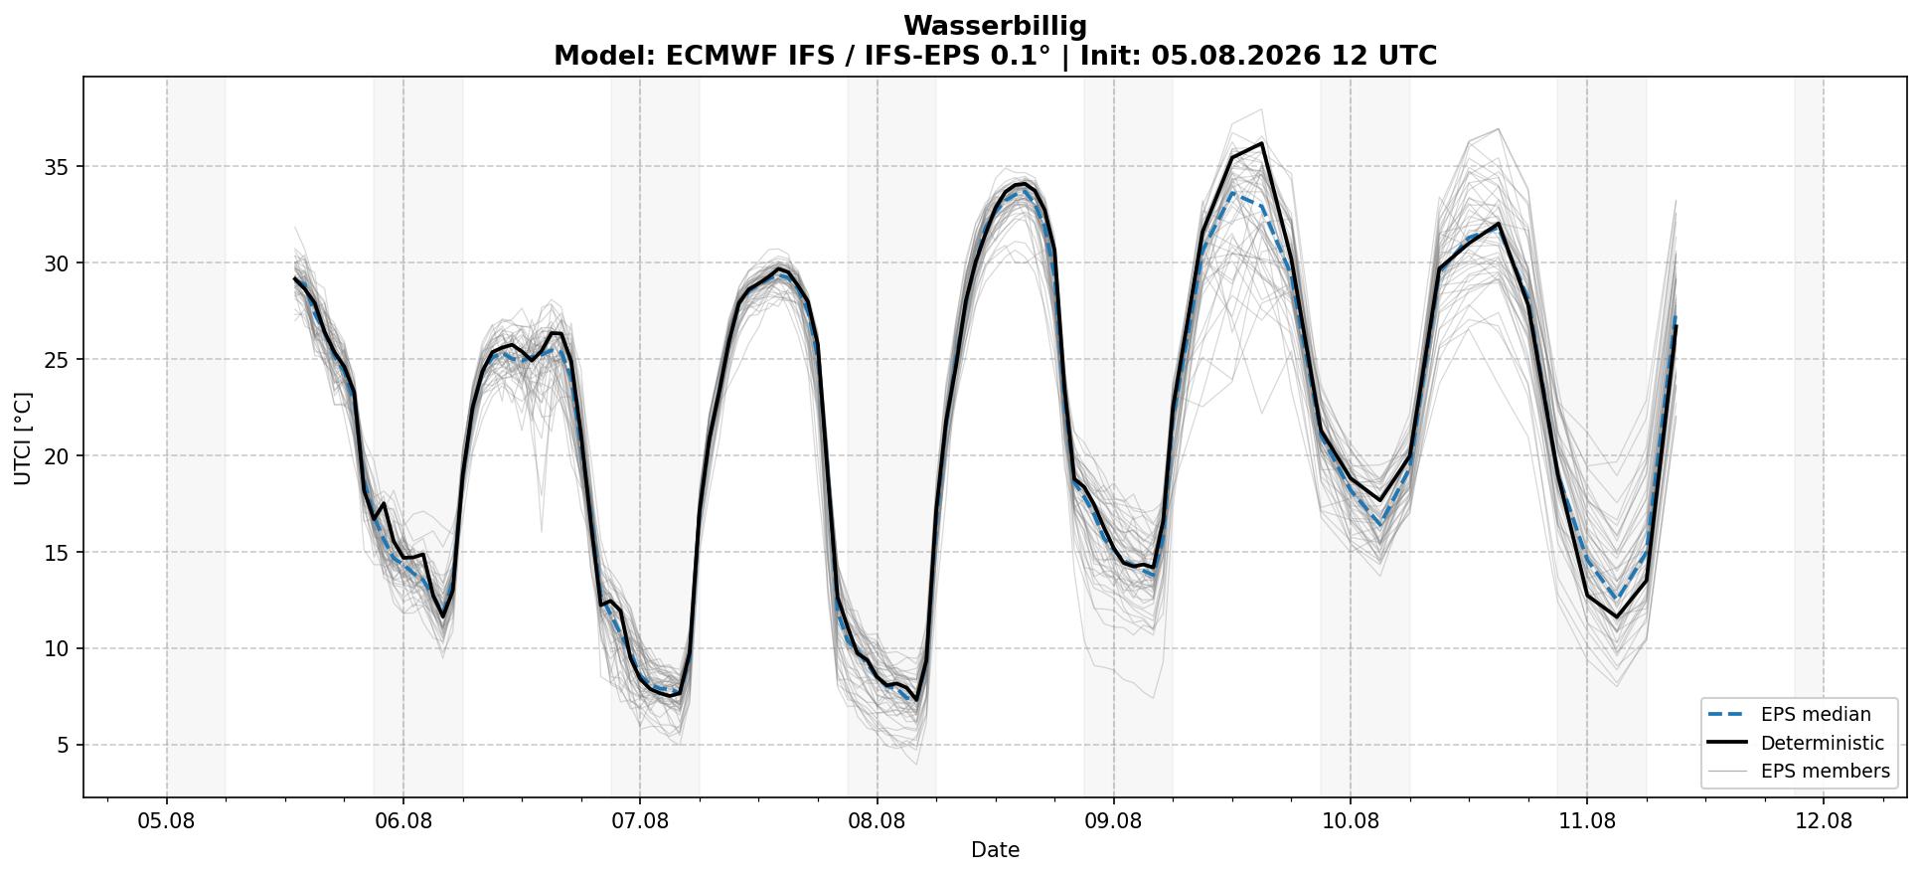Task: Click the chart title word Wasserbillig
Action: (x=995, y=26)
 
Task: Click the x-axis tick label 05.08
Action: (x=167, y=821)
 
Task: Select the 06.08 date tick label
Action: (x=403, y=821)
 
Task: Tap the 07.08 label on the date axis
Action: (x=640, y=821)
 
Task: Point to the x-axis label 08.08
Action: (x=877, y=821)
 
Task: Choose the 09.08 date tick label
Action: (x=1113, y=821)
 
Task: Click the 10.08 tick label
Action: (x=1350, y=821)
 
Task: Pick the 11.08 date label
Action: (x=1587, y=821)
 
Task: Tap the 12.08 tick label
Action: (x=1824, y=821)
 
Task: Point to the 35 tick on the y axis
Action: (x=57, y=167)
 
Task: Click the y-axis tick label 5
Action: (x=64, y=746)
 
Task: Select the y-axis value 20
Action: (x=57, y=456)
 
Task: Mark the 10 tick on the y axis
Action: (x=57, y=649)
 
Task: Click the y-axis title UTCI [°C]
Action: (x=23, y=437)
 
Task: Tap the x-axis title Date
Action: (x=995, y=850)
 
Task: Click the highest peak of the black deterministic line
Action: (x=1261, y=143)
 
